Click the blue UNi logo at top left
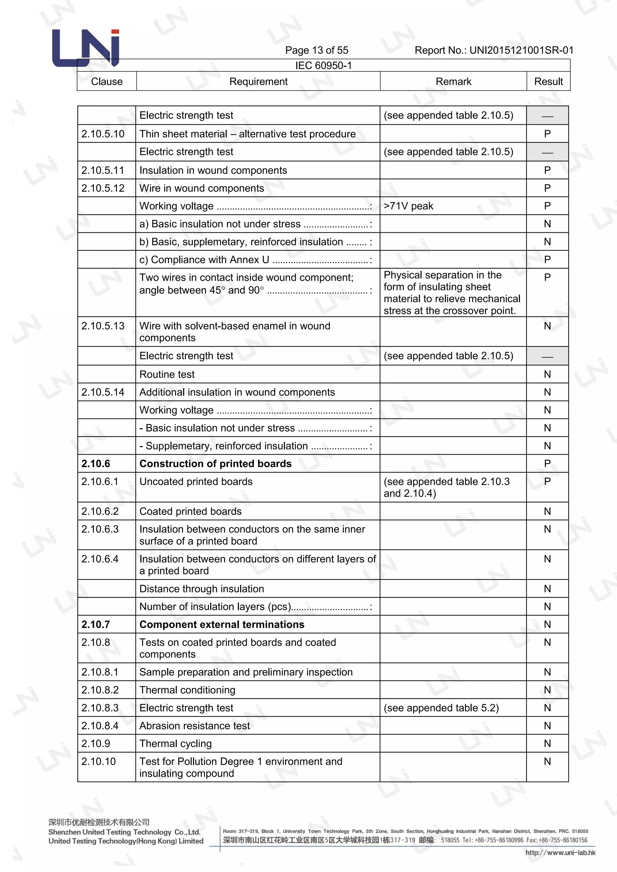(86, 48)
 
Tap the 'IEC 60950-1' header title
(323, 65)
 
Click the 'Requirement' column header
(258, 81)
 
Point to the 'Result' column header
(548, 81)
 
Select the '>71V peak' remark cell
(409, 206)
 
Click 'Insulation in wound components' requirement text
(213, 170)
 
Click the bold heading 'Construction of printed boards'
(215, 463)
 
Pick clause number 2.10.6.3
(100, 529)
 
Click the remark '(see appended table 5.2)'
(441, 708)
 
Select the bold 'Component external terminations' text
(222, 624)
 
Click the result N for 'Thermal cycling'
(547, 744)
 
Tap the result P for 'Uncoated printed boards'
(547, 481)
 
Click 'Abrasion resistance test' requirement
(195, 726)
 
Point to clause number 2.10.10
(99, 761)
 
